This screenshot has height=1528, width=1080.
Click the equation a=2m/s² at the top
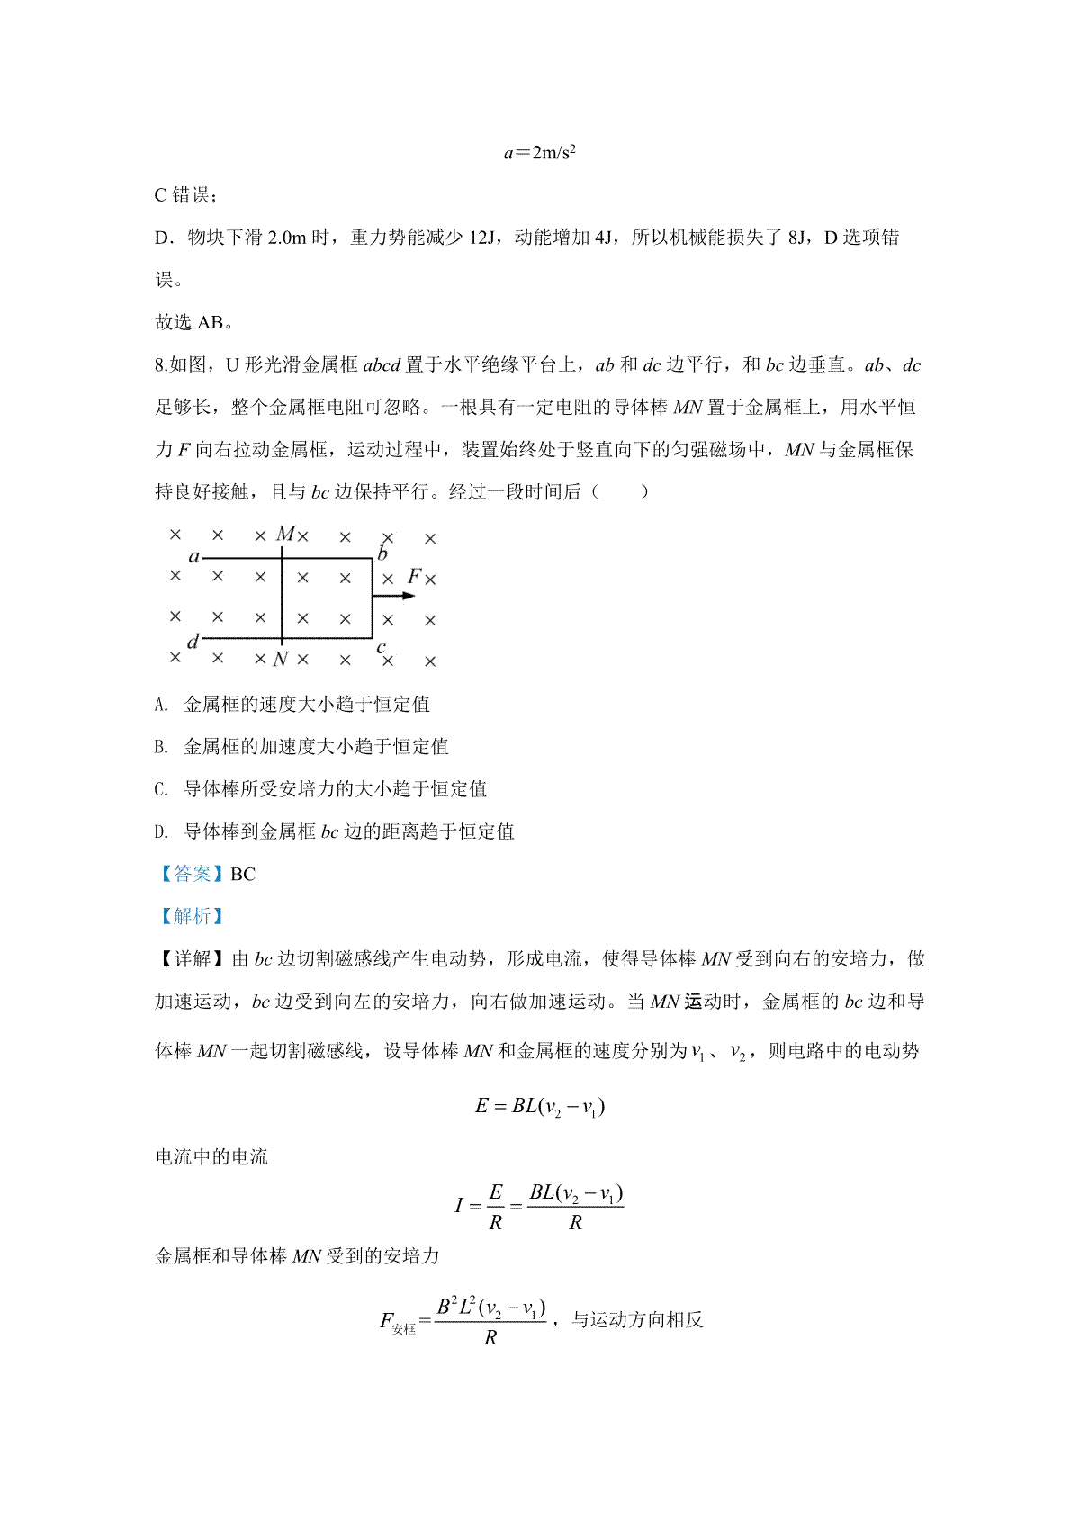pos(539,152)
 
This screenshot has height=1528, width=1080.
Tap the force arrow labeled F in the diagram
pos(394,596)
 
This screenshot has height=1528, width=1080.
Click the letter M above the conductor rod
pos(285,535)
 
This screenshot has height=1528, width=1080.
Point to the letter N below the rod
pos(281,660)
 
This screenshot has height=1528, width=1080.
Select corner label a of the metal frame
pos(193,557)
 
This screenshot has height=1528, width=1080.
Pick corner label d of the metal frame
pos(193,642)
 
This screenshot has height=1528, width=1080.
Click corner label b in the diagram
pos(382,553)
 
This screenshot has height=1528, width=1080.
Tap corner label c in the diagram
pos(382,646)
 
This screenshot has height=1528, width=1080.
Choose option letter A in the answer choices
pos(162,705)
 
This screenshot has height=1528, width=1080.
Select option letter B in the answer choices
pos(162,747)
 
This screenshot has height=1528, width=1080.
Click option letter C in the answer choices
pos(162,789)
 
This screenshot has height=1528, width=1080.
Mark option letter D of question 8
pos(162,831)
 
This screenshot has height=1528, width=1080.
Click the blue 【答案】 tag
pos(191,874)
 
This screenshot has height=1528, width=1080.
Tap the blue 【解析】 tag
pos(191,916)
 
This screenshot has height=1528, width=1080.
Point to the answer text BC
pos(243,874)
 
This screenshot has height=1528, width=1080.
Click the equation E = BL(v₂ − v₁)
pos(539,1106)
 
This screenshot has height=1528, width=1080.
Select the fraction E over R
pos(495,1207)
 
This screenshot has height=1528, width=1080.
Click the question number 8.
pos(161,365)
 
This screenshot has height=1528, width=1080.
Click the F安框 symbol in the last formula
pos(397,1323)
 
